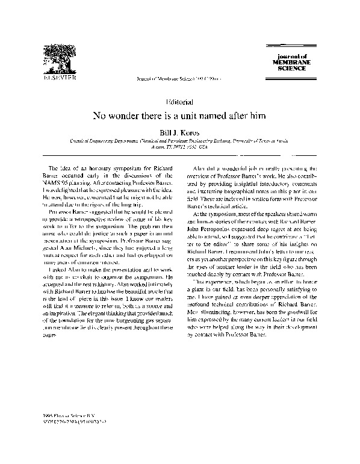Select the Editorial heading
pos(179,102)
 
